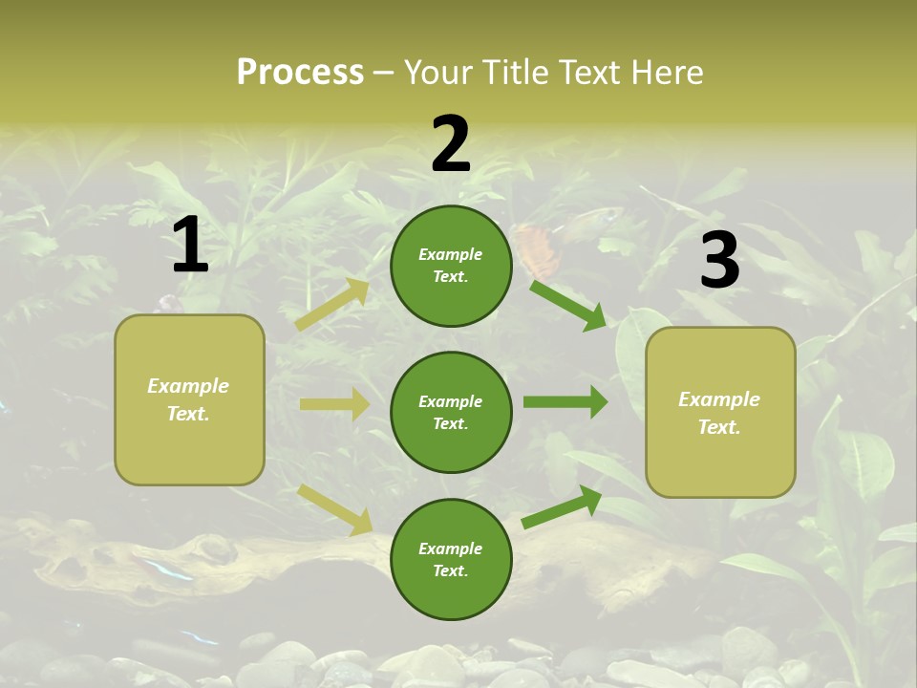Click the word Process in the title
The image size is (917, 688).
300,73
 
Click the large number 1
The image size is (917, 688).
190,246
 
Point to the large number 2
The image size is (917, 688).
451,144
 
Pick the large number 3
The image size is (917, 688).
719,261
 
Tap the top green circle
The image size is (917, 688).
451,266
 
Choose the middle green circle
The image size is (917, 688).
451,413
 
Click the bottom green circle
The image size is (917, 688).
451,560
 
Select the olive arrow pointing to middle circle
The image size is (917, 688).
334,404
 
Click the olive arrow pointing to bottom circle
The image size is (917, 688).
335,508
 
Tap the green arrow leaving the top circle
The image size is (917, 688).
568,305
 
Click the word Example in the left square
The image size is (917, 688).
188,386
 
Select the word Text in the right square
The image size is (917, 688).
718,427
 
